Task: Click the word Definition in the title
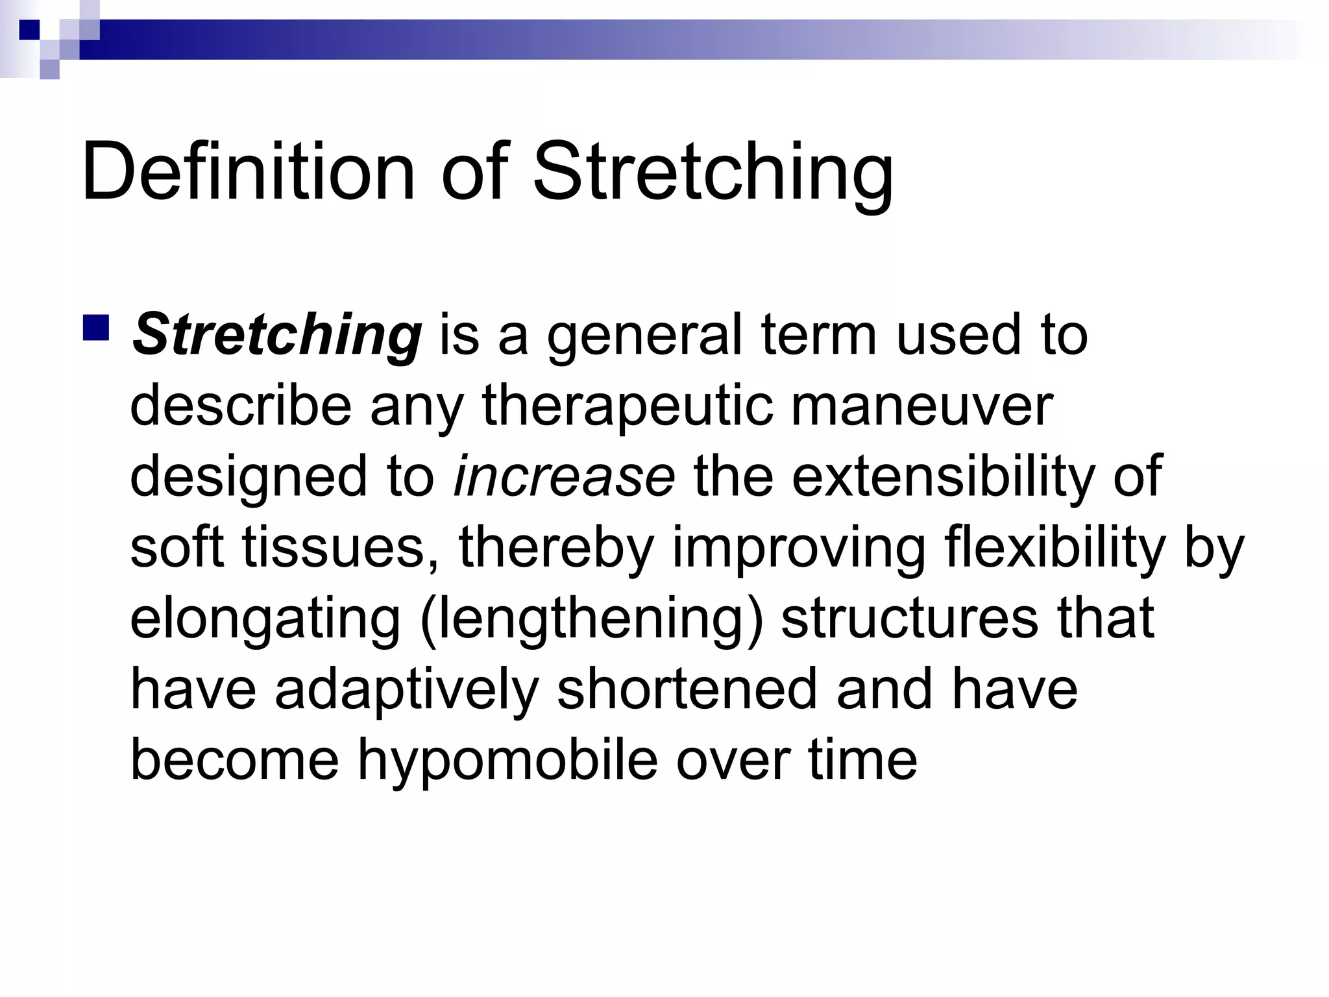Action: (x=247, y=171)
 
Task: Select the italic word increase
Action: (x=565, y=477)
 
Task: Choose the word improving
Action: (x=798, y=548)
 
